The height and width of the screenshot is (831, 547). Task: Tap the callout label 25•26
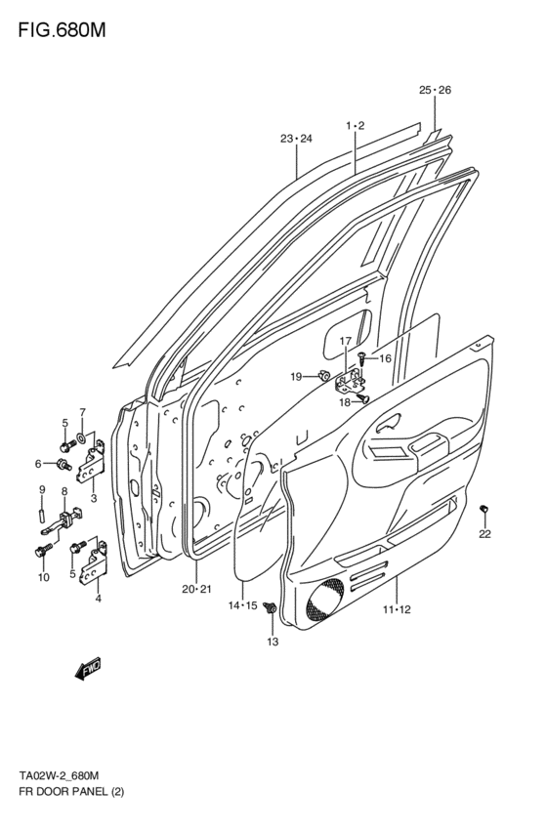click(435, 91)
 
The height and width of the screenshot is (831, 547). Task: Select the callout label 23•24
click(296, 139)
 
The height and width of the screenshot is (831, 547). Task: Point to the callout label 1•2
click(355, 126)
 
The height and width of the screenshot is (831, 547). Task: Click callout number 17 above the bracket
click(345, 341)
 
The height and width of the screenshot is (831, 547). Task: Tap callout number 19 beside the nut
click(295, 377)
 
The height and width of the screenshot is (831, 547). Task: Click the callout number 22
click(484, 533)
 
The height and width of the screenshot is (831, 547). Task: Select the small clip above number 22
click(484, 510)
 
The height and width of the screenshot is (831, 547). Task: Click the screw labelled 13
click(273, 611)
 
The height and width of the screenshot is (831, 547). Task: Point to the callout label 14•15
click(242, 605)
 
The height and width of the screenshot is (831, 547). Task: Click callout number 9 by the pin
click(42, 489)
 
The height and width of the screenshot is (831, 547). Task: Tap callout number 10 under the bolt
click(42, 577)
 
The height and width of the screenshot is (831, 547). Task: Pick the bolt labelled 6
click(64, 464)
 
